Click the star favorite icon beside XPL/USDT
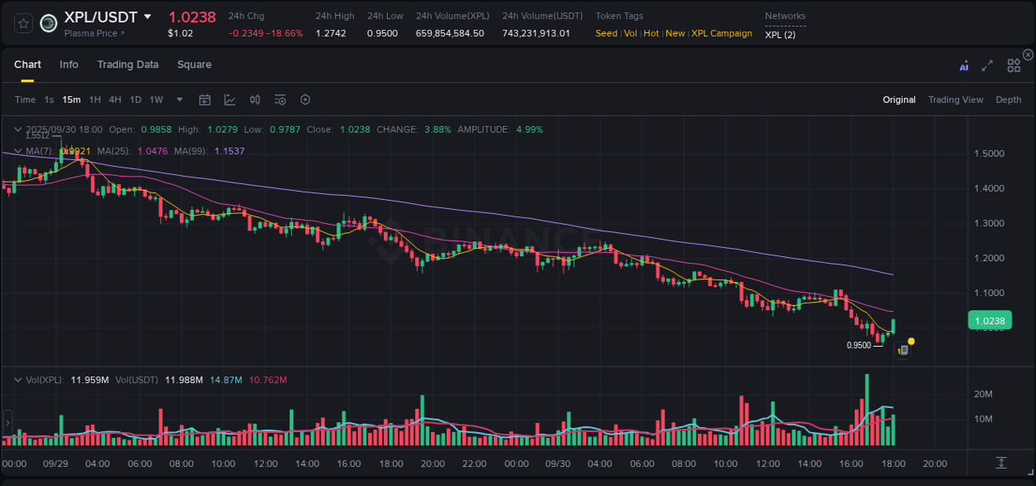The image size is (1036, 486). [23, 23]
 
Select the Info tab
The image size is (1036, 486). [69, 65]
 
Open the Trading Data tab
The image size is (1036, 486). [128, 65]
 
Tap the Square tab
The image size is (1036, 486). [194, 65]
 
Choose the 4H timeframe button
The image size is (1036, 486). [115, 100]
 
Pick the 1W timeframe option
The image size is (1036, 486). [156, 100]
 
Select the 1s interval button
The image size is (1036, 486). [49, 100]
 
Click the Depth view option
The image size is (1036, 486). [1008, 100]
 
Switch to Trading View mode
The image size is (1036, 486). [955, 100]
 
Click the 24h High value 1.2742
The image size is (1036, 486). [331, 34]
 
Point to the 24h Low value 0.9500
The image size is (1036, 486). [382, 34]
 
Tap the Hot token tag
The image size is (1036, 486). [651, 34]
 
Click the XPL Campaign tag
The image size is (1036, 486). [721, 34]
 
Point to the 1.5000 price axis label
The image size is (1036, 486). [988, 154]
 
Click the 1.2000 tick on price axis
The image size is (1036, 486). [988, 259]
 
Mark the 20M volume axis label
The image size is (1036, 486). [983, 394]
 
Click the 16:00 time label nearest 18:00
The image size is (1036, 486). [851, 464]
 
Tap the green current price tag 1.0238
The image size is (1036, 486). [990, 321]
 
